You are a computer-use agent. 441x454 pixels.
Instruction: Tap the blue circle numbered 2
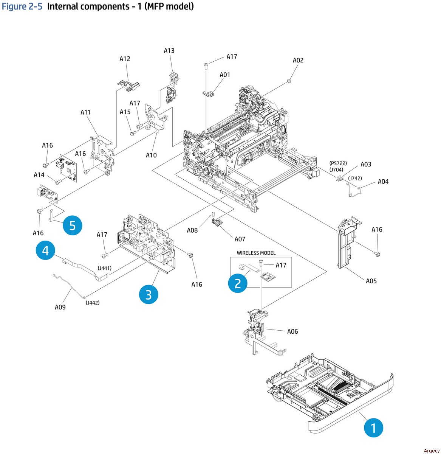(238, 283)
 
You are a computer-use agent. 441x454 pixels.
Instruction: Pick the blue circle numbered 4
(45, 250)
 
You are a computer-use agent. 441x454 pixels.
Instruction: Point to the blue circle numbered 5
(73, 225)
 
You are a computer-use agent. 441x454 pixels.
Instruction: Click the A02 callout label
(298, 60)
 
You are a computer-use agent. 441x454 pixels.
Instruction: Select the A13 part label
(169, 51)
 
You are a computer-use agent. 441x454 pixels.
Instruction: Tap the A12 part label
(125, 59)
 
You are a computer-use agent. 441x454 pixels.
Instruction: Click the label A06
(292, 331)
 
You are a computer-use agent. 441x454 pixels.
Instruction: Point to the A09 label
(60, 307)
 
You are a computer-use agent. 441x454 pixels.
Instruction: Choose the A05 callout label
(371, 281)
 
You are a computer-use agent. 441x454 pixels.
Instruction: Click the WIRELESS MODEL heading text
(256, 253)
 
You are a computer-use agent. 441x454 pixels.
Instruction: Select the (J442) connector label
(93, 303)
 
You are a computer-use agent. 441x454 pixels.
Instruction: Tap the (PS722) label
(338, 163)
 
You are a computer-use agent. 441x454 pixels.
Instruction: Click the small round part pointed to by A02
(289, 80)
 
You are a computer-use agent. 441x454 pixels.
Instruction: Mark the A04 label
(383, 182)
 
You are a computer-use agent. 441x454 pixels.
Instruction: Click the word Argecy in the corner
(432, 451)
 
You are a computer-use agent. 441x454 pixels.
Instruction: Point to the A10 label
(151, 155)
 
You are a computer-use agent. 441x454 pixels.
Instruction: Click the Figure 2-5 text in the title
(22, 6)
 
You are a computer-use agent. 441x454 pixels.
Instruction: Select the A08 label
(192, 230)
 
